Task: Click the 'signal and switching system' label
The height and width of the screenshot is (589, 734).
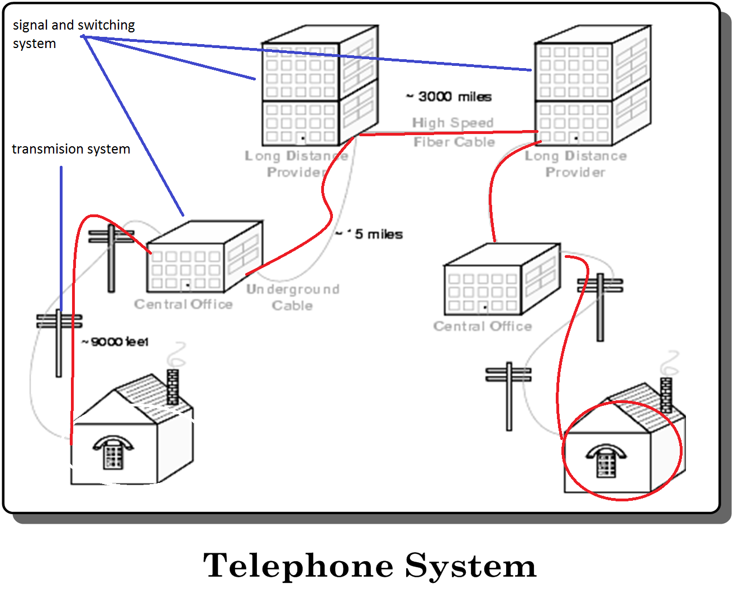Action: [73, 34]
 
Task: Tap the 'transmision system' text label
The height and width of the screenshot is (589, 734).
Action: [71, 149]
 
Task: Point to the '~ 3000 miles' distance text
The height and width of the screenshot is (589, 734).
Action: [449, 97]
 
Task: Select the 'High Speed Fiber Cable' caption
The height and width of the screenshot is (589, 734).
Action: [454, 132]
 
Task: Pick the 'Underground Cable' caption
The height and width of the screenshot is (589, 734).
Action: [293, 297]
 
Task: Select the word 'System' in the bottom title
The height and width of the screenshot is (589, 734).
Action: [470, 566]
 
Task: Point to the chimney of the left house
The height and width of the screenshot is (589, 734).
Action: [173, 386]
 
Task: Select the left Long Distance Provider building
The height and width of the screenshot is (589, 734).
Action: [320, 87]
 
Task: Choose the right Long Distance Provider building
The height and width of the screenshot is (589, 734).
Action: [592, 87]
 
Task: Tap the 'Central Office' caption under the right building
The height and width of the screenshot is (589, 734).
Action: [483, 326]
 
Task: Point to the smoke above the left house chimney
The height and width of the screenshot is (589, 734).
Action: [178, 355]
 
